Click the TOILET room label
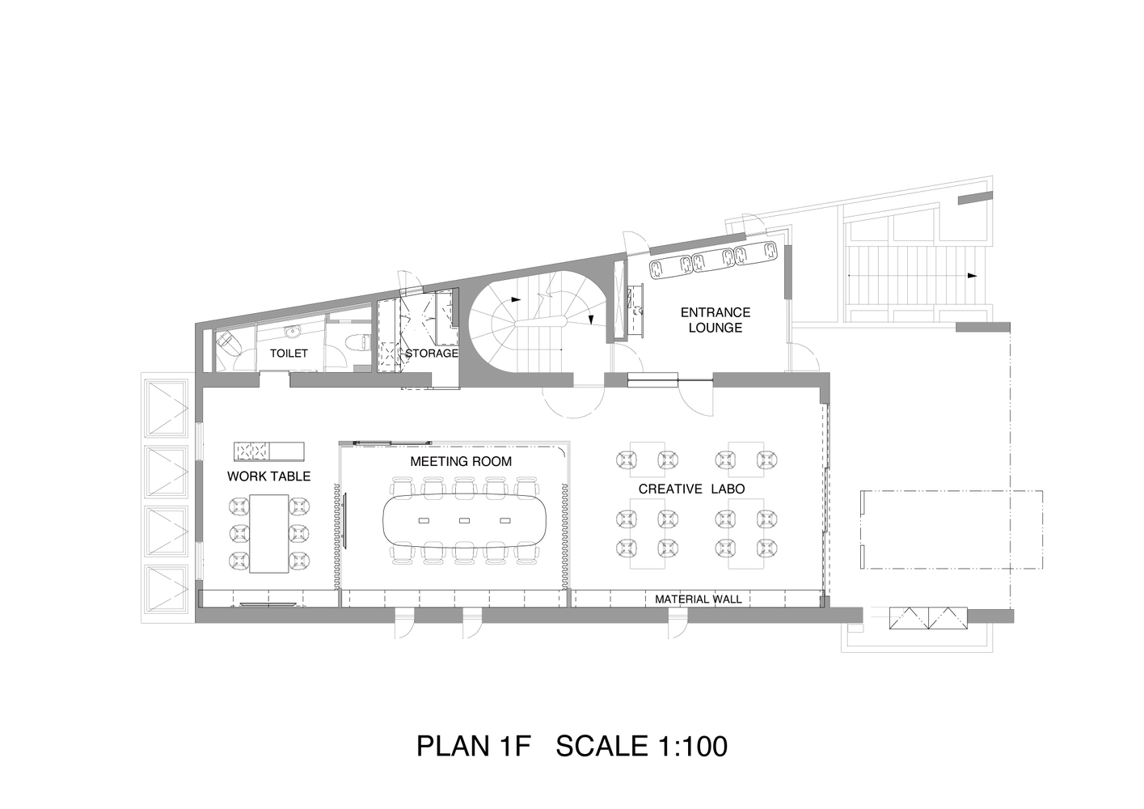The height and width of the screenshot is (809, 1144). (289, 354)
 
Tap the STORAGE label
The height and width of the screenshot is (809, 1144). (432, 354)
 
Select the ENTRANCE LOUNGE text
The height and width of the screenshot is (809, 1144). (715, 320)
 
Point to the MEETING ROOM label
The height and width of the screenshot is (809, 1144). (461, 461)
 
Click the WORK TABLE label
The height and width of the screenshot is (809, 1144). (268, 477)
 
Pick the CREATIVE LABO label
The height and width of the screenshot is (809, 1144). (691, 489)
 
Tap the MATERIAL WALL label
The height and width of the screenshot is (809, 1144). (699, 599)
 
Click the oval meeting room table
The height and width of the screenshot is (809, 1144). (464, 521)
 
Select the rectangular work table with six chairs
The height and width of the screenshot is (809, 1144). (269, 534)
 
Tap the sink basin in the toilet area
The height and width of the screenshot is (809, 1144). (293, 332)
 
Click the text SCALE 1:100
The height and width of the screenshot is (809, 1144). (641, 747)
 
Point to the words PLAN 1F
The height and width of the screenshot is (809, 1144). (474, 747)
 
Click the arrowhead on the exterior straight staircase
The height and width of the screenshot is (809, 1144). (972, 276)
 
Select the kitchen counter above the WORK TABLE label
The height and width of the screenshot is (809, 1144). (268, 451)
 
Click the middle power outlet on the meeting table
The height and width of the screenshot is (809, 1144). (464, 521)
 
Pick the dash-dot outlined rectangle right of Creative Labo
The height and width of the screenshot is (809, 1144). (952, 530)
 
